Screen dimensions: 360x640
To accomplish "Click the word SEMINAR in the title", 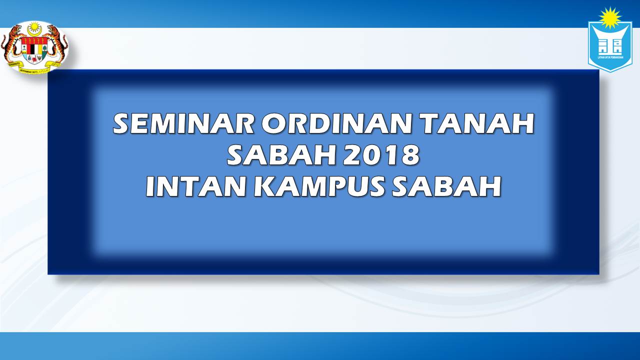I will [x=182, y=124].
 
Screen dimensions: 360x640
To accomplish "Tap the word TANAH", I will [x=477, y=124].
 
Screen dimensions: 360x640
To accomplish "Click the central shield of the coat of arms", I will [x=34, y=50].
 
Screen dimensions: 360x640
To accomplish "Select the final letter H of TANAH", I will [x=523, y=124].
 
